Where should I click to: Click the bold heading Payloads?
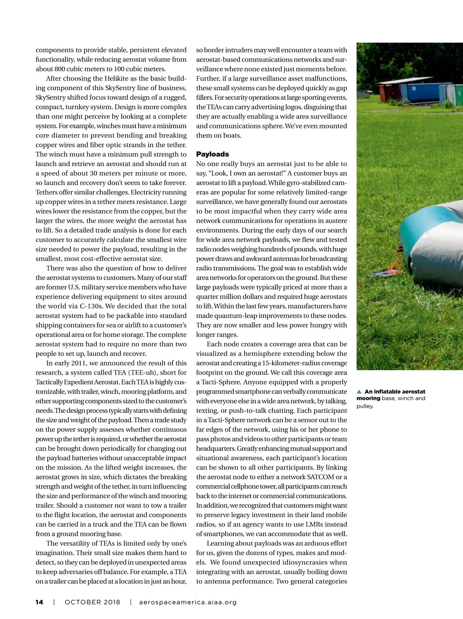213,154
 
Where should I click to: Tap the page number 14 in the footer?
39,602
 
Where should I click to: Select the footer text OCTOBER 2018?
92,602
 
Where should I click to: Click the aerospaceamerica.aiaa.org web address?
188,602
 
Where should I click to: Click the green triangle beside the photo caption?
359,392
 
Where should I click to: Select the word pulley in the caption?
364,406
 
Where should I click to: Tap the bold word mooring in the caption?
368,399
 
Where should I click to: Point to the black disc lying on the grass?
382,274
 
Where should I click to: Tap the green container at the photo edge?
459,94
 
